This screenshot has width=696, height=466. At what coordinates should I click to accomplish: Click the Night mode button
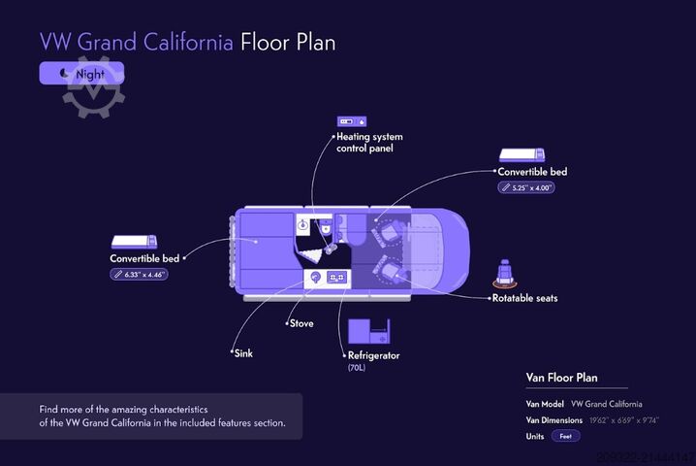click(81, 73)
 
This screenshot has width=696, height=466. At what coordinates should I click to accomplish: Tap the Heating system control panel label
click(368, 143)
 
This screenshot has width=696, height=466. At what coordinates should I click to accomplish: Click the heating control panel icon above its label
click(350, 121)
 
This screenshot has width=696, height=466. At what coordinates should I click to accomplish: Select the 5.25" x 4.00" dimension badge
click(526, 187)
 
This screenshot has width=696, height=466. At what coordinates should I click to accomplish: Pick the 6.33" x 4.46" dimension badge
click(140, 275)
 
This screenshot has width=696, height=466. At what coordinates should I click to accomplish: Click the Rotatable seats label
click(524, 298)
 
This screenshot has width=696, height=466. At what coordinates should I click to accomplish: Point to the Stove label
click(301, 323)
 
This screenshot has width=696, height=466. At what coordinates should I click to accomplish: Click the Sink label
click(242, 353)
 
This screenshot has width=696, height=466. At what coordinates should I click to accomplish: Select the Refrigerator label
click(373, 355)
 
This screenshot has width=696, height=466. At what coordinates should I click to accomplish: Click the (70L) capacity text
click(358, 369)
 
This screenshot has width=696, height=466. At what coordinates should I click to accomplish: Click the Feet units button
click(567, 437)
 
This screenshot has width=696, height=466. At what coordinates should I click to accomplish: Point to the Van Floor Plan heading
click(561, 378)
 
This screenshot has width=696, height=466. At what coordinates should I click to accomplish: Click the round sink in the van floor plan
click(314, 278)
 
